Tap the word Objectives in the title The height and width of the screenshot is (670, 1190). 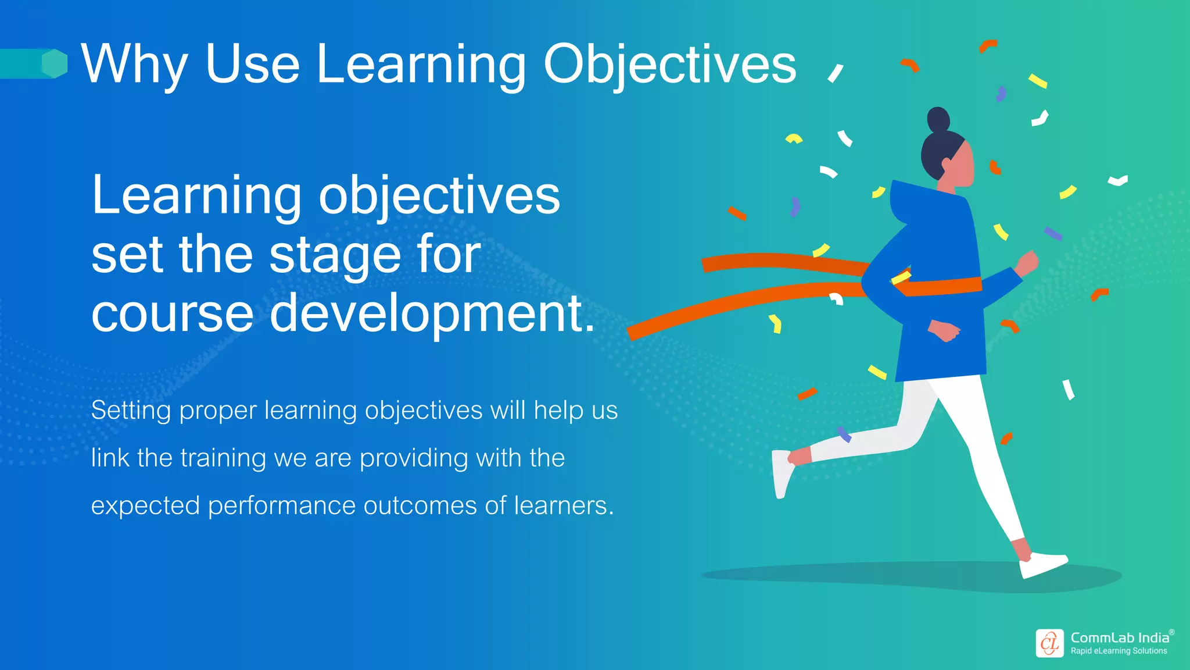pos(669,65)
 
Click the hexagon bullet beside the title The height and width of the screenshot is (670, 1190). pos(55,63)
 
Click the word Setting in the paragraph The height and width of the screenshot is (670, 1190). pos(131,411)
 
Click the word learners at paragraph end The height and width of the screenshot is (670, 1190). pos(561,505)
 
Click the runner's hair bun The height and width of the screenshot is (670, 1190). pos(938,119)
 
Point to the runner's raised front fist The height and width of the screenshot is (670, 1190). pos(1027,263)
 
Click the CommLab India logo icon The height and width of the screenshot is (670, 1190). pos(1049,643)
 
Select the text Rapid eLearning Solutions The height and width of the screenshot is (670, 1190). pos(1119,651)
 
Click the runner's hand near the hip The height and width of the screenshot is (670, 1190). pos(944,332)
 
